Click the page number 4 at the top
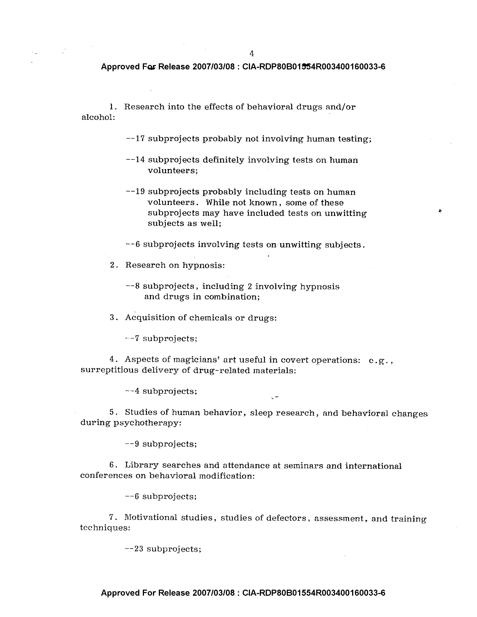coord(251,53)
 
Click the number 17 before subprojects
coord(140,139)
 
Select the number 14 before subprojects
coord(140,160)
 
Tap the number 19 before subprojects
coord(140,192)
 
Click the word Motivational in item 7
coord(151,517)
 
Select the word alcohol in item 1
coord(98,117)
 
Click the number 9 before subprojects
coord(137,444)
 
